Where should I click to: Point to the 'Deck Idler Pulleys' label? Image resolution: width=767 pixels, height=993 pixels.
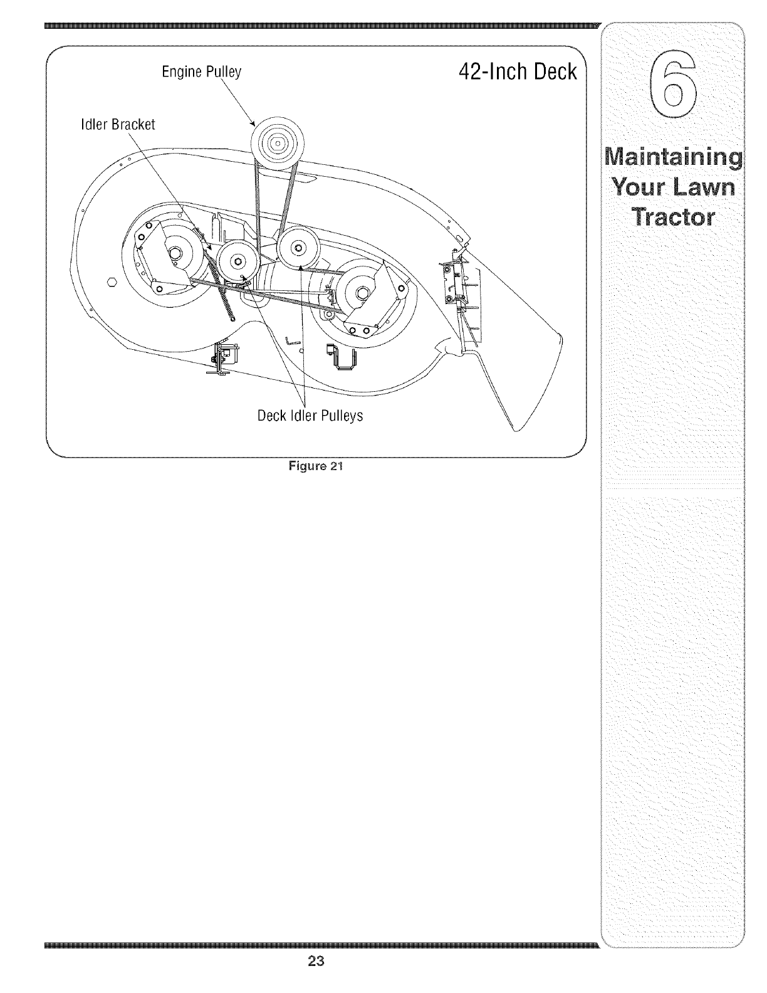pos(310,416)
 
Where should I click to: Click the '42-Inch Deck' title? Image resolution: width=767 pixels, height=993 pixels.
pos(517,72)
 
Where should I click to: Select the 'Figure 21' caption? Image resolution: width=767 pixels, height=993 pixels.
pos(316,466)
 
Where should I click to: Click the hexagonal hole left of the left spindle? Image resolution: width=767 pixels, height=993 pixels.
pos(113,282)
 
